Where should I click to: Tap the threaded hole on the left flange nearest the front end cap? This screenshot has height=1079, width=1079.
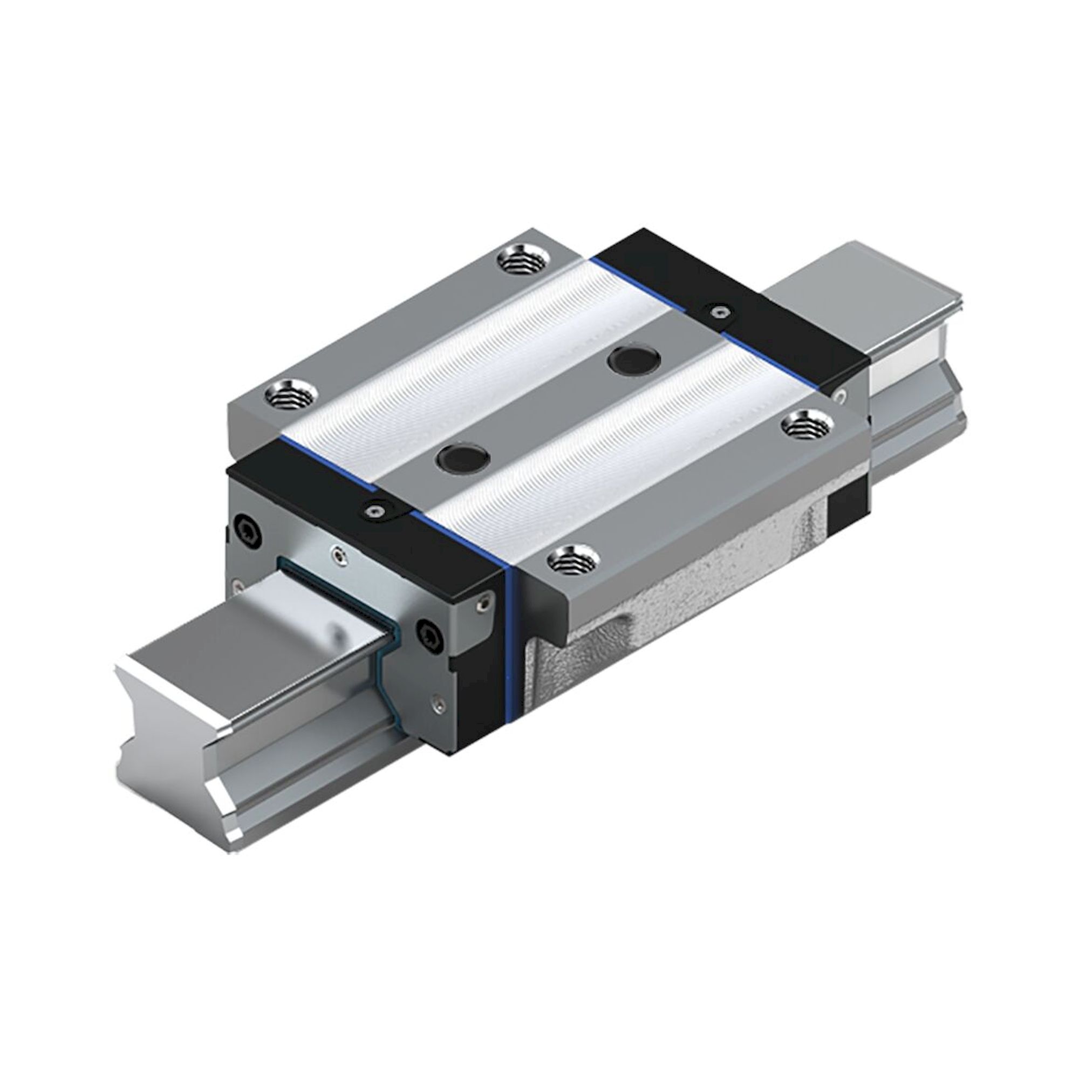pos(290,397)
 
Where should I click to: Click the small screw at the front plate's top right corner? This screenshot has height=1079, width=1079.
pos(483,602)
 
